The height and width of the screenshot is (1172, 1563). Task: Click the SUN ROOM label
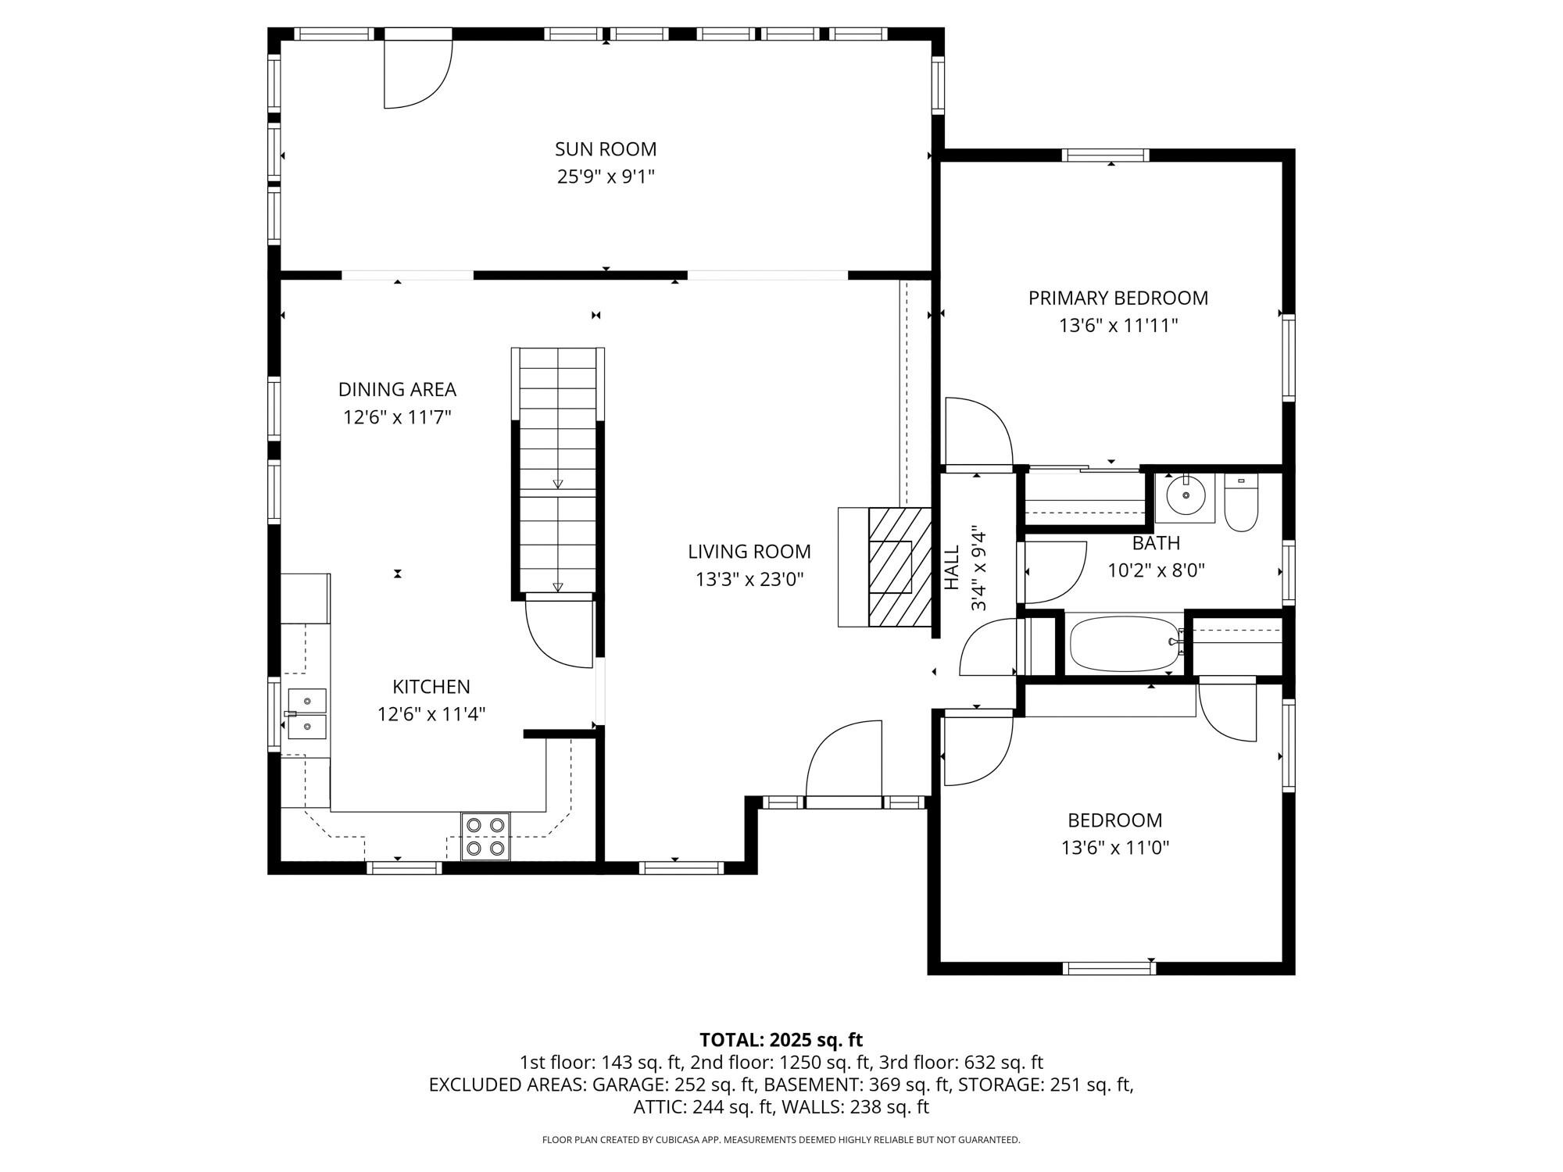tap(606, 149)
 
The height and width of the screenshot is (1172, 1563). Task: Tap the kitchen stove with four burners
tap(485, 836)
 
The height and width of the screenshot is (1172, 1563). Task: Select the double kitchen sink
tap(306, 713)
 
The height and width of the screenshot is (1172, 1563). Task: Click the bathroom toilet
tap(1240, 505)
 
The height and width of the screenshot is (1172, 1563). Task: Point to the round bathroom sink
tap(1186, 495)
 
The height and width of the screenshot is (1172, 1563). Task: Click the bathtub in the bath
tap(1123, 644)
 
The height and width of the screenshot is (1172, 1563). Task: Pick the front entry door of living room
tap(844, 762)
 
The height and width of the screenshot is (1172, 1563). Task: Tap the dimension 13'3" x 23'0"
tap(749, 580)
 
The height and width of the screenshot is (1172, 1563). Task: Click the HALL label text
tap(952, 568)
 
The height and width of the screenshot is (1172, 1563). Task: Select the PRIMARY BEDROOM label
tap(1118, 298)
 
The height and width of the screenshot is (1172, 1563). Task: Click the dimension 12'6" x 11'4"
tap(431, 714)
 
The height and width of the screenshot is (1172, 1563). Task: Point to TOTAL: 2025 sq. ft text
tap(781, 1040)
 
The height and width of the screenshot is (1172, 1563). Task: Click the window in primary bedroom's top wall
tap(1106, 155)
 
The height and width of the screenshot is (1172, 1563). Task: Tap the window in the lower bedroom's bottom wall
tap(1109, 968)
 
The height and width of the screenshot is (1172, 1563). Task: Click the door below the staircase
tap(560, 631)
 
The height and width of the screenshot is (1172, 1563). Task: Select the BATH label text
tap(1156, 543)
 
